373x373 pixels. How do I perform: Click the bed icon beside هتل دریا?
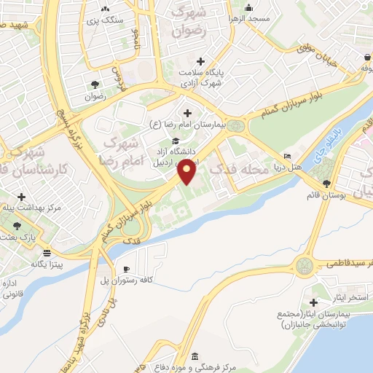click(x=287, y=156)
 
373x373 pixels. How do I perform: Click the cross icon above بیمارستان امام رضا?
click(x=188, y=113)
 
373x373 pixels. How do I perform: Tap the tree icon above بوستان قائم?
click(x=326, y=183)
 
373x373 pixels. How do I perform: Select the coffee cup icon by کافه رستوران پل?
click(x=127, y=269)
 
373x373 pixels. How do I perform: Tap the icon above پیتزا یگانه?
click(x=47, y=253)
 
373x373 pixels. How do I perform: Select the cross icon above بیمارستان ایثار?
click(x=314, y=302)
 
